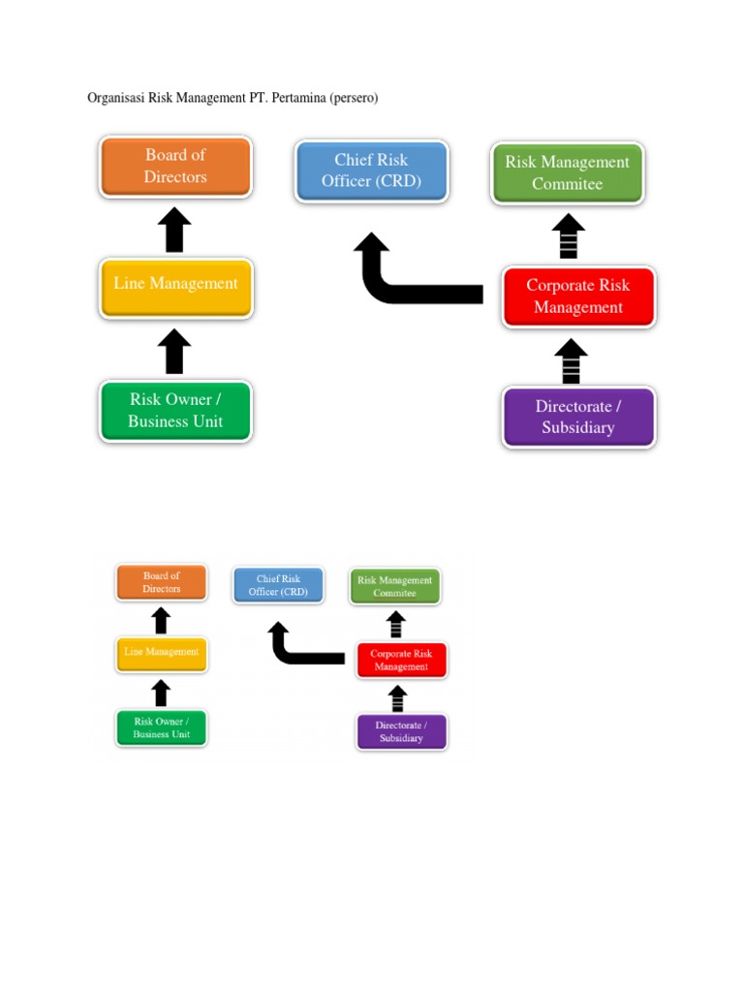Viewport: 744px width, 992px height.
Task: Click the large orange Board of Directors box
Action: [175, 166]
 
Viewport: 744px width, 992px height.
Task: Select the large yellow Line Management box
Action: [175, 287]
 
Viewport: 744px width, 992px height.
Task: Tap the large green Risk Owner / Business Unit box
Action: [175, 411]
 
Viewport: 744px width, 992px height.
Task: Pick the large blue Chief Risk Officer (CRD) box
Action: [371, 170]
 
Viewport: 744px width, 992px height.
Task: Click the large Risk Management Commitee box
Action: [567, 172]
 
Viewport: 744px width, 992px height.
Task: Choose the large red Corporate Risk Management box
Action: [578, 296]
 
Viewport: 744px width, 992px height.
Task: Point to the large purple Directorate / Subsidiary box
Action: [578, 418]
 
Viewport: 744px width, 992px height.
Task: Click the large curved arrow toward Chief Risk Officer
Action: [407, 281]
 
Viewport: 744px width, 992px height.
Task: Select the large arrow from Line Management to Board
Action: [174, 231]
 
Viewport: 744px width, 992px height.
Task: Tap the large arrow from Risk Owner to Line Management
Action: [174, 352]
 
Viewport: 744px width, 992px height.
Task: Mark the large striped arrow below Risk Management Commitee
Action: [569, 237]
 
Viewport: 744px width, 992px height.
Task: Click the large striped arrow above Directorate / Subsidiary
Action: [572, 361]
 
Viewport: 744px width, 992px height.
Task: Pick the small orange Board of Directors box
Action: [161, 582]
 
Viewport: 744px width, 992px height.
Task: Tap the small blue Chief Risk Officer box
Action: [278, 585]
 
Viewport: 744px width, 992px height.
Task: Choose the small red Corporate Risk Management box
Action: [401, 660]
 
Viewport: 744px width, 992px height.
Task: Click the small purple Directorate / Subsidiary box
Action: [401, 731]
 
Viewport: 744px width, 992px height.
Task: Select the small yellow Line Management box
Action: [161, 653]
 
